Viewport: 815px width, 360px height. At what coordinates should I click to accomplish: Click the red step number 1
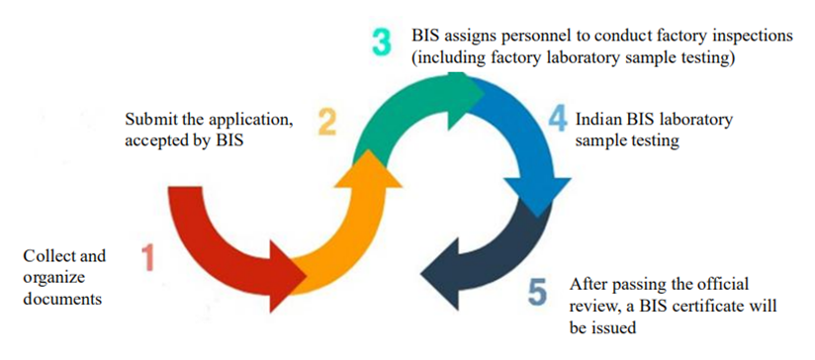[148, 258]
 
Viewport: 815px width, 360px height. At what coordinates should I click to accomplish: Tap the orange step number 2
[327, 123]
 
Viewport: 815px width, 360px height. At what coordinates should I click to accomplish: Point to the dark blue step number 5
[537, 293]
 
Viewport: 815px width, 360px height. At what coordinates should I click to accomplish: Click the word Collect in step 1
[48, 256]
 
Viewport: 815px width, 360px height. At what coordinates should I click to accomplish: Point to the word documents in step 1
[61, 296]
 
